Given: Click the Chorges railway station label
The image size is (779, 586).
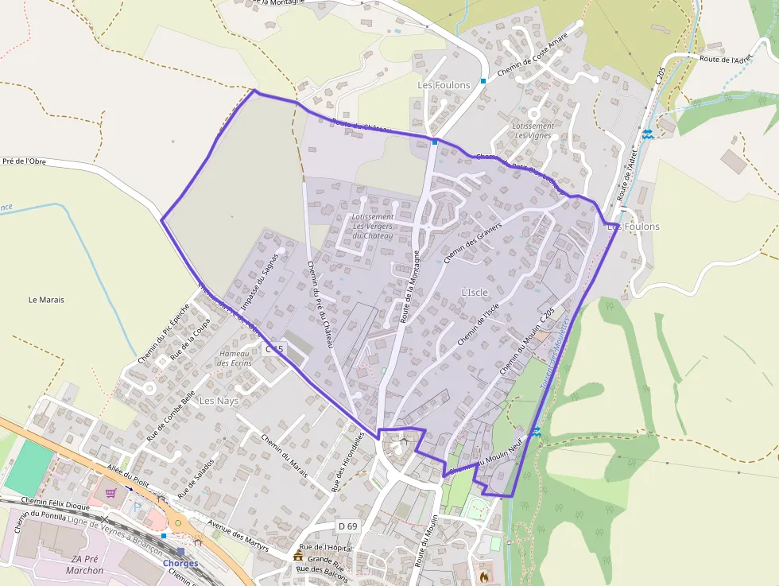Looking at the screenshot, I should pyautogui.click(x=180, y=564).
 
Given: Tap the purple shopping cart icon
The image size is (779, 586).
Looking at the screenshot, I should pyautogui.click(x=110, y=493).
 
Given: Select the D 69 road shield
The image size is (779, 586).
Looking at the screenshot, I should pyautogui.click(x=347, y=526).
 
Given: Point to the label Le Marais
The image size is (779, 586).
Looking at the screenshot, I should pyautogui.click(x=46, y=300).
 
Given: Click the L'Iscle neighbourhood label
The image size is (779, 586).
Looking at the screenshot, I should pyautogui.click(x=475, y=293).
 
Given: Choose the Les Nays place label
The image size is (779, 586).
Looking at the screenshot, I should pyautogui.click(x=219, y=401).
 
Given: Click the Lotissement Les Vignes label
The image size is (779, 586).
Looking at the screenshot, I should pyautogui.click(x=533, y=130).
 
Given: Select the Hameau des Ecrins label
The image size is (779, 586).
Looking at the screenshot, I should pyautogui.click(x=234, y=358).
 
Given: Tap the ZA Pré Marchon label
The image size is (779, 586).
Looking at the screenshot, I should pyautogui.click(x=82, y=565).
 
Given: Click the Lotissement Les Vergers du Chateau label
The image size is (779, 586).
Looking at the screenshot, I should pyautogui.click(x=373, y=227).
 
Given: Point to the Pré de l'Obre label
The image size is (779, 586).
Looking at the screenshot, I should pyautogui.click(x=24, y=161).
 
